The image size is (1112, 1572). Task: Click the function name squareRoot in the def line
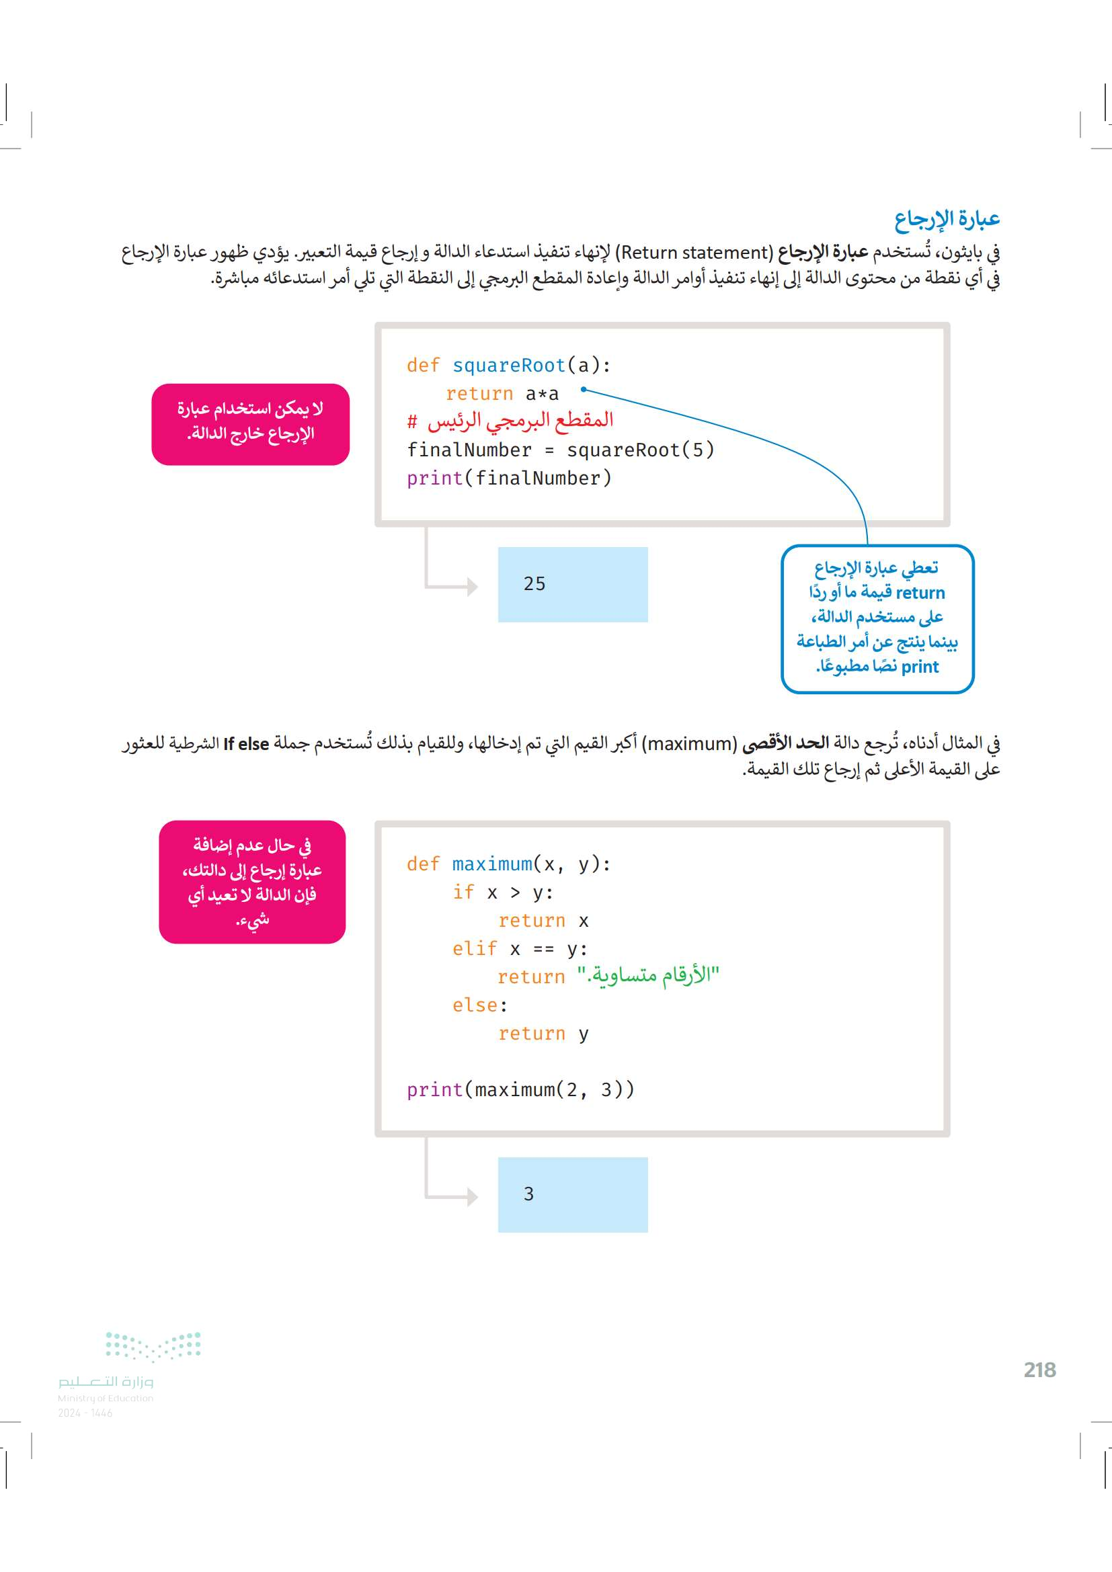tap(509, 366)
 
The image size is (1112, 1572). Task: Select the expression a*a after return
tap(543, 394)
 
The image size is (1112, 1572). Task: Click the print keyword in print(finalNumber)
tap(434, 478)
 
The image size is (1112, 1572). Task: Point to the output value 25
tap(534, 584)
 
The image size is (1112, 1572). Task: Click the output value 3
tap(528, 1194)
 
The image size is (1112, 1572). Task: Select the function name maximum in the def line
tap(491, 864)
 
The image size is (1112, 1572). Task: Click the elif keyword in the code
tap(475, 948)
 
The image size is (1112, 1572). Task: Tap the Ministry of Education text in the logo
tap(106, 1398)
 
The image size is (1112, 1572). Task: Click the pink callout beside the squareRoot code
tap(251, 424)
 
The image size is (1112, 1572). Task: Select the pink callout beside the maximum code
tap(252, 882)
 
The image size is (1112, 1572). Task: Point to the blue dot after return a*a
tap(584, 390)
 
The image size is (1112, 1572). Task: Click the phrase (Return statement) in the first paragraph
tap(694, 253)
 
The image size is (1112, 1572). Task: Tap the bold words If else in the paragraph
tap(246, 743)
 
